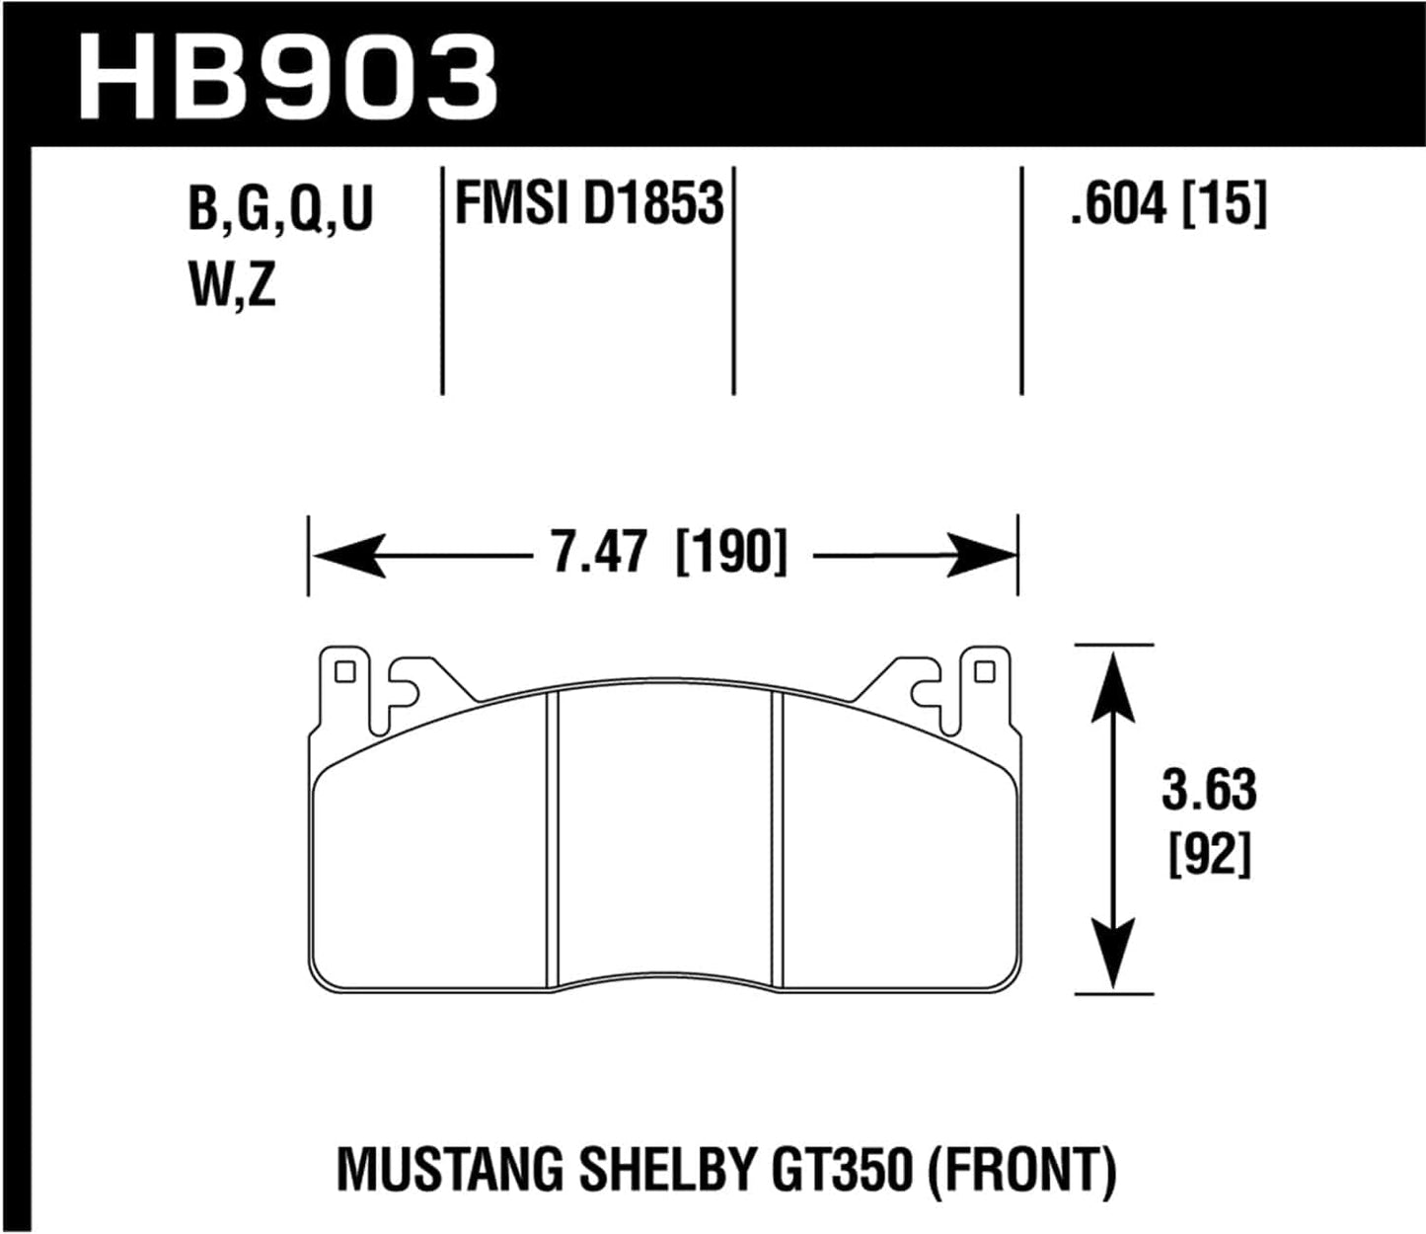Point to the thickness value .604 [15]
[1167, 204]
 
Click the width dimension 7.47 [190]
[669, 552]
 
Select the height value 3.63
[1209, 791]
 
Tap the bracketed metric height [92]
[1210, 854]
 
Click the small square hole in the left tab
[344, 672]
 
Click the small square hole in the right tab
[983, 672]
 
